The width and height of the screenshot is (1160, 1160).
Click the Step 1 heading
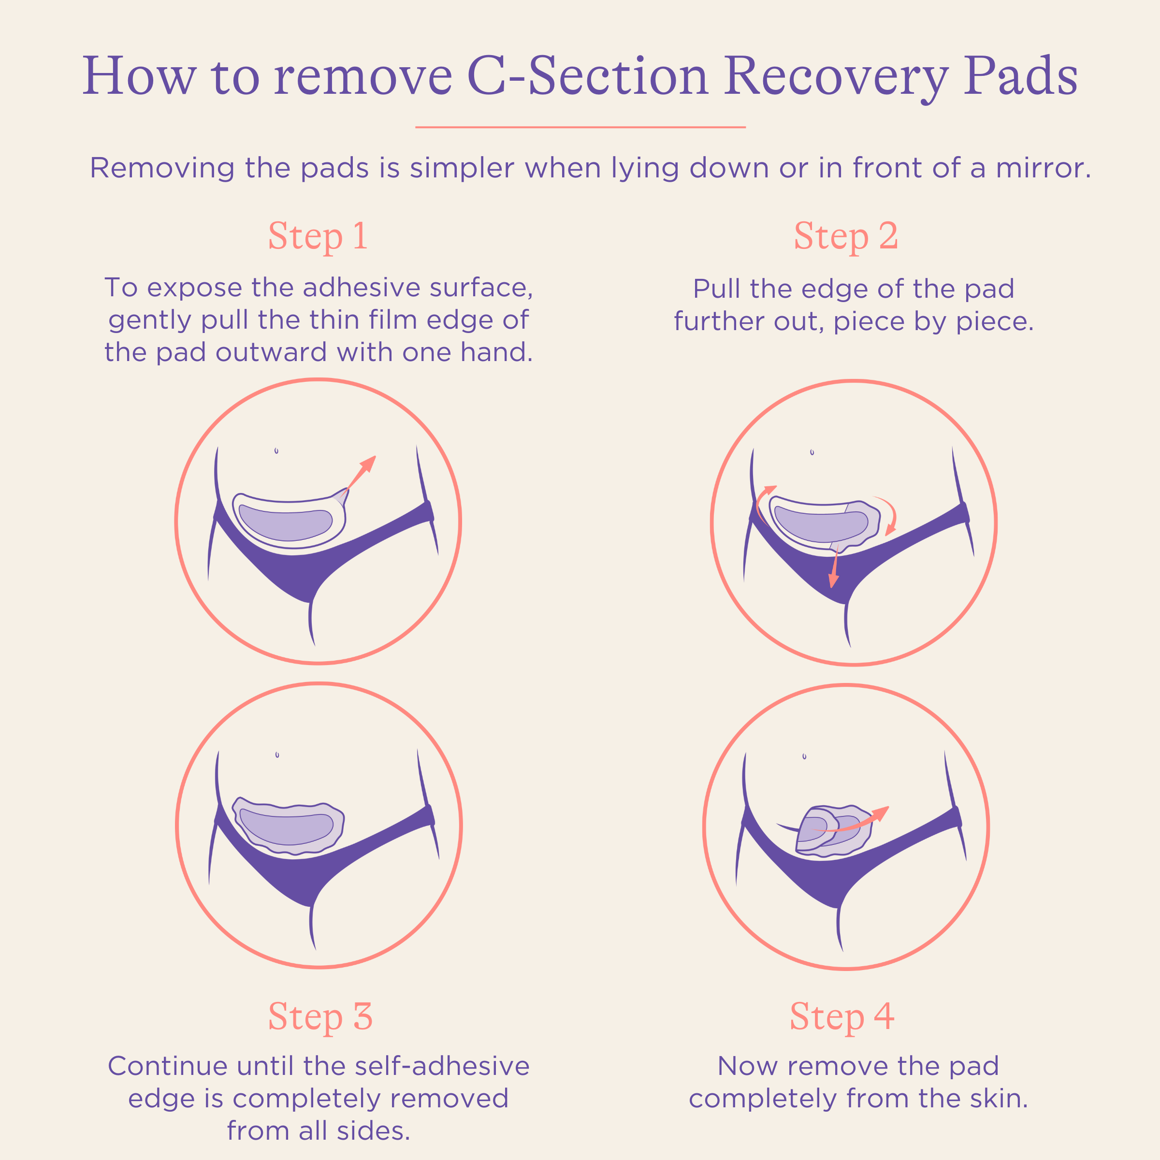[318, 236]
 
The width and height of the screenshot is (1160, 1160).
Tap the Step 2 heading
[845, 236]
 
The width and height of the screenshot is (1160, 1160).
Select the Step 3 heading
[320, 1016]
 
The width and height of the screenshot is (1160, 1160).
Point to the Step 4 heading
[842, 1016]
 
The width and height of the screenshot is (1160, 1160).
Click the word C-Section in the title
[587, 76]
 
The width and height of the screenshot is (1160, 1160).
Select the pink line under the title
[580, 127]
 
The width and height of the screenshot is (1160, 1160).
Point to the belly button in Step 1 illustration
[276, 450]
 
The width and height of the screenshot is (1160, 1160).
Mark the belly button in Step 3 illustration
[277, 754]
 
